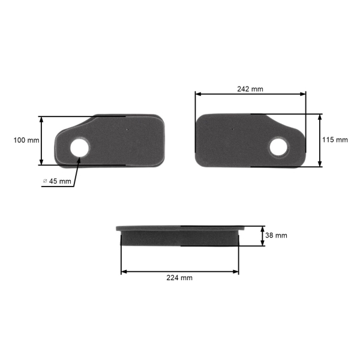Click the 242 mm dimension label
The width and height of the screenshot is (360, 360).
250,89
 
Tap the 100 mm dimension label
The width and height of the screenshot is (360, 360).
26,140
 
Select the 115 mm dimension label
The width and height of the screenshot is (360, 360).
335,140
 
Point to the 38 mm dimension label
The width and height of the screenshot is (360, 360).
276,236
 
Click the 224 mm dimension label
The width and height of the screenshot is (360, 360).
179,278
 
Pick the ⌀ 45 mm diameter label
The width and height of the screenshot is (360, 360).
57,181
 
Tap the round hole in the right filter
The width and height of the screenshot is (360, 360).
279,146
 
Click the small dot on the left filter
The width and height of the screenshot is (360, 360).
128,128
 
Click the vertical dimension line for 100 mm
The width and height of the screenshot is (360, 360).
41,140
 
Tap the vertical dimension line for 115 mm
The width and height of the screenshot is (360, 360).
320,140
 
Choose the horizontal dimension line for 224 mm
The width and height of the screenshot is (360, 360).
179,271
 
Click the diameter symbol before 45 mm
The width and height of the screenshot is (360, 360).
45,181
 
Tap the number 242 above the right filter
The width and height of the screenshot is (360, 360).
244,89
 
